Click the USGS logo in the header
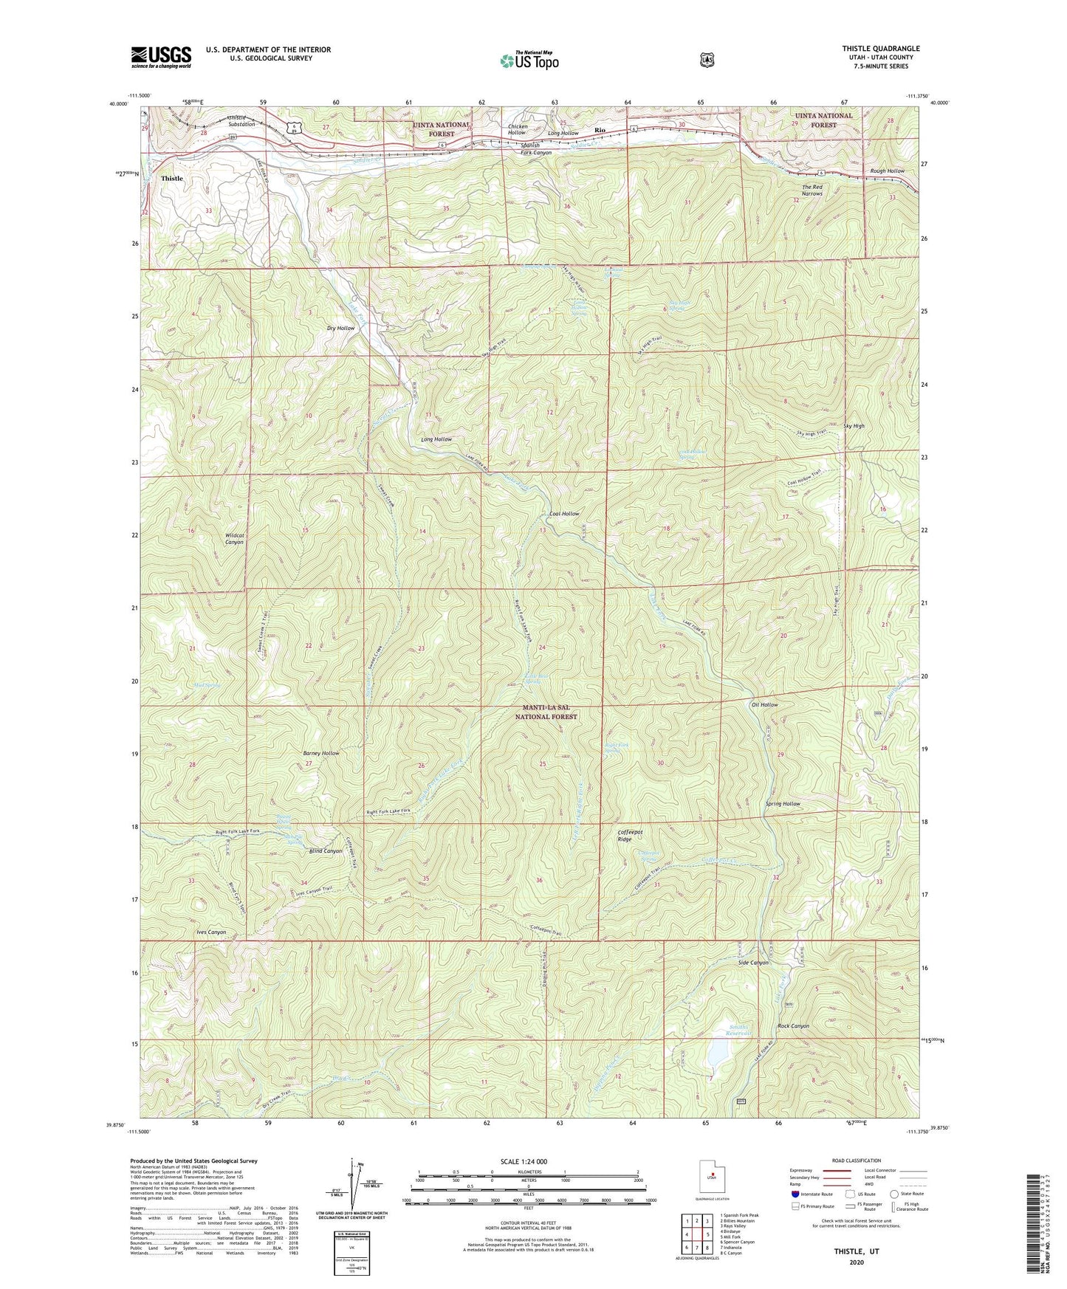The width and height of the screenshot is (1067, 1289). [x=161, y=57]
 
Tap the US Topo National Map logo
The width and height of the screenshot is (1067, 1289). [x=528, y=61]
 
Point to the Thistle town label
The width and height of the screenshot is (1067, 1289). [x=171, y=179]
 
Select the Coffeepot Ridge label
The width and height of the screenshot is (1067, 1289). [x=630, y=836]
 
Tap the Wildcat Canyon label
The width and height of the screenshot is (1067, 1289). [x=233, y=538]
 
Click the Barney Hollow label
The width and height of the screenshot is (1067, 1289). [x=321, y=753]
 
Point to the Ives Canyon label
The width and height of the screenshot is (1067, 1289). [x=211, y=932]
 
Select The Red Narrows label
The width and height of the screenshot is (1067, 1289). [x=812, y=190]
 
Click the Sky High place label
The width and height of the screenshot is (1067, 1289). [x=853, y=426]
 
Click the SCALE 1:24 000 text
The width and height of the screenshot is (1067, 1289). [x=524, y=1161]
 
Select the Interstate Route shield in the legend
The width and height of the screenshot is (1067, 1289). [x=795, y=1194]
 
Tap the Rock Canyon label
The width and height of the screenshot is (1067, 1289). [x=793, y=1026]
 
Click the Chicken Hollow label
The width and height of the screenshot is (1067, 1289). [x=516, y=129]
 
